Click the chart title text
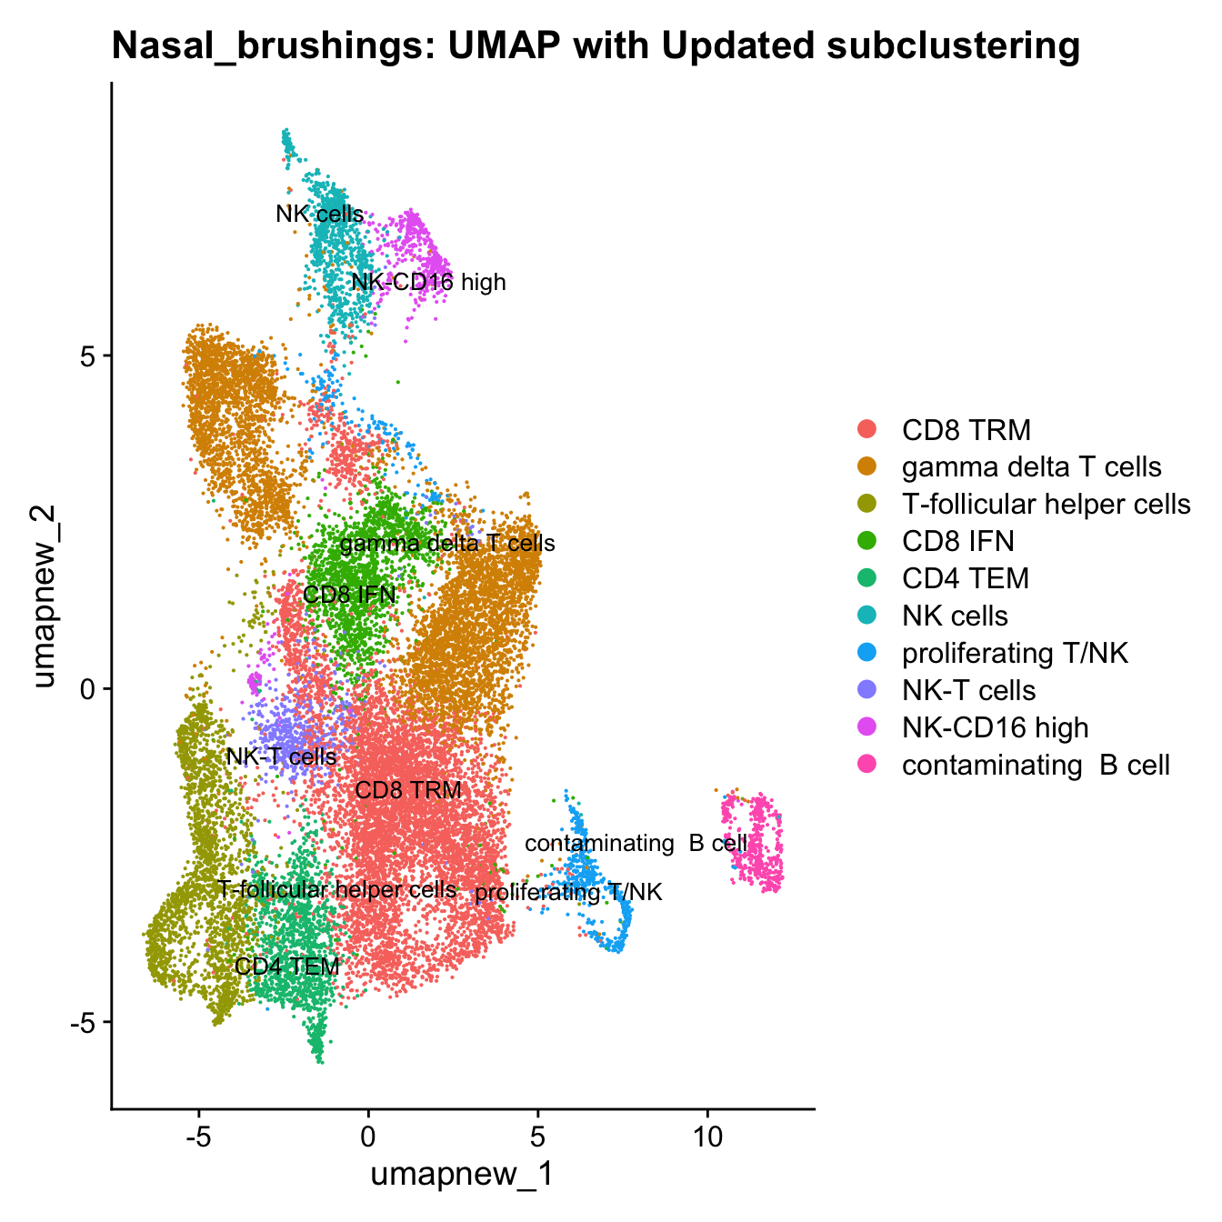pos(596,45)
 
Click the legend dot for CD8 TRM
pos(868,429)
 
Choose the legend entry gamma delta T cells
pos(1031,466)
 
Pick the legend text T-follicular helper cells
pos(1046,504)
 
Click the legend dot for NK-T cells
pos(868,690)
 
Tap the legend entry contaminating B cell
pos(1035,765)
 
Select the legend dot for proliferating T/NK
pos(868,653)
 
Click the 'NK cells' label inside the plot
pos(320,215)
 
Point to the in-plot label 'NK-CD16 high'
pos(428,283)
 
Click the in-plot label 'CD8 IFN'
pos(349,596)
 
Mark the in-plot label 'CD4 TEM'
pos(287,966)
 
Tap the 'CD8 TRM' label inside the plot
pos(408,790)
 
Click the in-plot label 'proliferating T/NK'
pos(568,893)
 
